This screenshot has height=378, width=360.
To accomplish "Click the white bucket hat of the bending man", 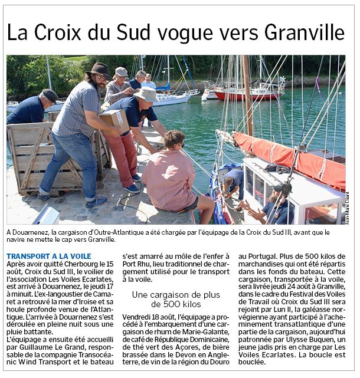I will (x=146, y=94).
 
